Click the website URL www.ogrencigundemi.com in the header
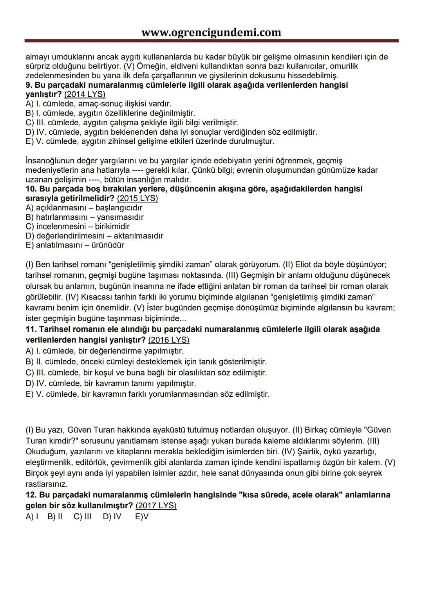pyautogui.click(x=211, y=32)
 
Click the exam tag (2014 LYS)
pyautogui.click(x=85, y=94)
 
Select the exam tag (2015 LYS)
pyautogui.click(x=137, y=198)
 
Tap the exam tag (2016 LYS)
pyautogui.click(x=168, y=340)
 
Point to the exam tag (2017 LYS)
pyautogui.click(x=156, y=506)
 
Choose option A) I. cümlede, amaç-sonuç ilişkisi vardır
pyautogui.click(x=98, y=104)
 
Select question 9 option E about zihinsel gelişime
pyautogui.click(x=150, y=141)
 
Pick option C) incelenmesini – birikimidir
pyautogui.click(x=77, y=226)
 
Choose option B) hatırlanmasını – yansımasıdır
pyautogui.click(x=84, y=217)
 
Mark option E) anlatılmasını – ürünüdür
pyautogui.click(x=74, y=245)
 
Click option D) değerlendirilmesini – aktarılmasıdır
pyautogui.click(x=94, y=236)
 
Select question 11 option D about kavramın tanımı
pyautogui.click(x=110, y=383)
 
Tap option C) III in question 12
pyautogui.click(x=82, y=517)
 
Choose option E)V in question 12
pyautogui.click(x=142, y=517)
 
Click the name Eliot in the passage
pyautogui.click(x=305, y=264)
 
